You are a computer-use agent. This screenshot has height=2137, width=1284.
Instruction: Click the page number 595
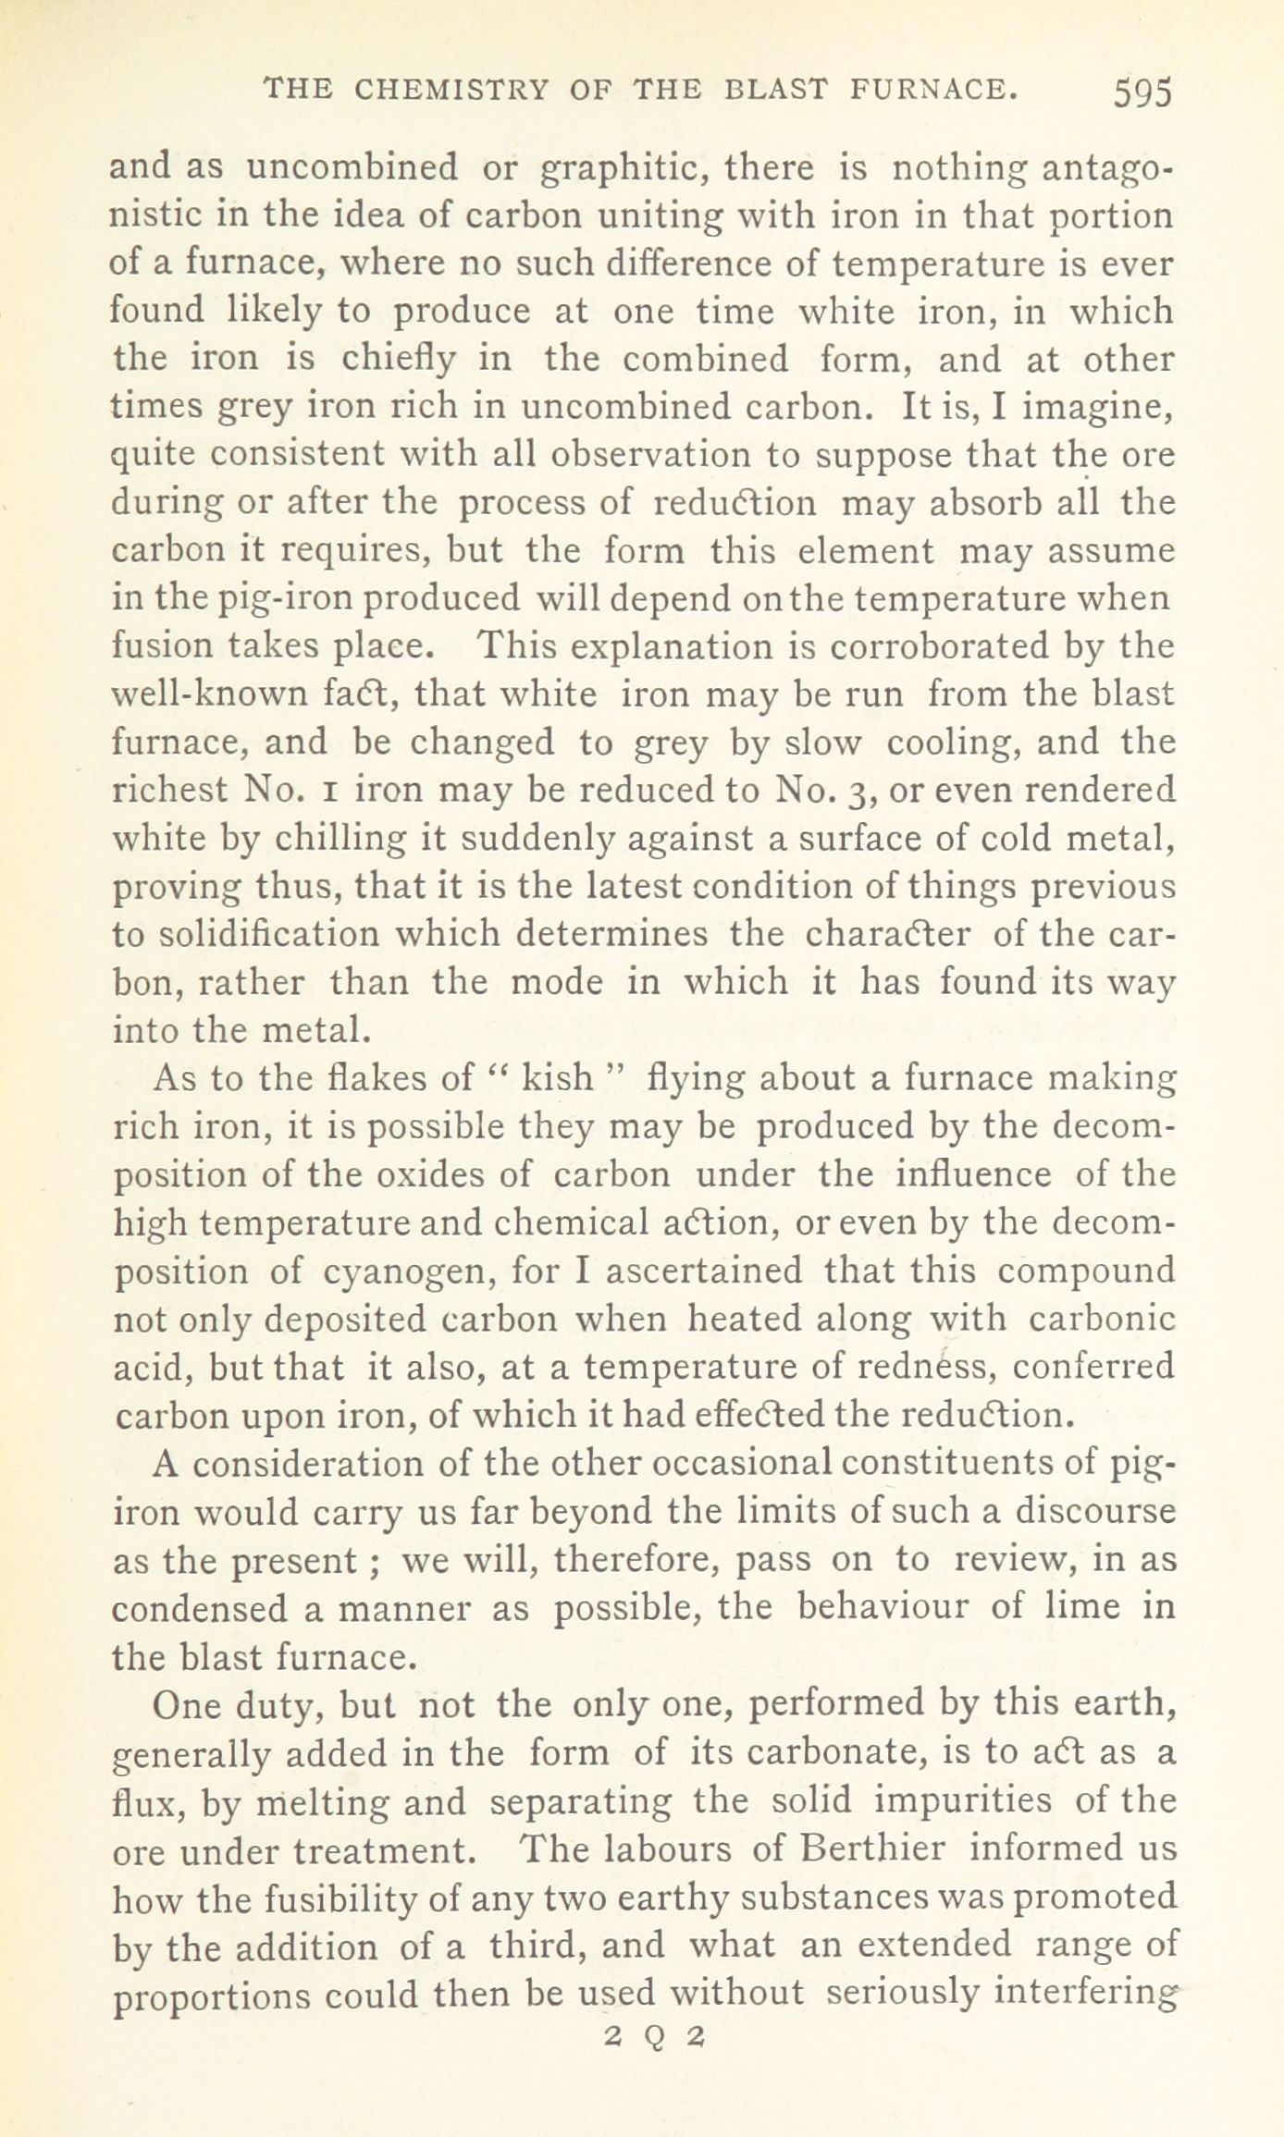coord(1142,92)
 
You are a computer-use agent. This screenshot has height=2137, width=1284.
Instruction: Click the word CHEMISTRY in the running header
coord(452,90)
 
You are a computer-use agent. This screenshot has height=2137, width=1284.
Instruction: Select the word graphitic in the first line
coord(621,168)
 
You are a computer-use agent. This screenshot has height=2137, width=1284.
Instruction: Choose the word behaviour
coord(883,1607)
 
